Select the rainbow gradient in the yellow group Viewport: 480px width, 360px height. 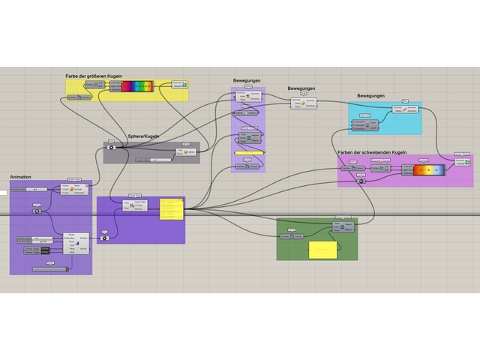[x=136, y=87]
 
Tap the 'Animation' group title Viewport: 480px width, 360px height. [x=21, y=177]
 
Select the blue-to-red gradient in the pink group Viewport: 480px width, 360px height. [x=429, y=170]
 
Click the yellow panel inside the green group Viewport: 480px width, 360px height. [x=322, y=249]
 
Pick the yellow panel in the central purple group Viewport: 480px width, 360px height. [x=171, y=209]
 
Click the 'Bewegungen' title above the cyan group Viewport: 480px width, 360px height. [x=370, y=96]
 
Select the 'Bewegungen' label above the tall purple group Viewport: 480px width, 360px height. [x=247, y=80]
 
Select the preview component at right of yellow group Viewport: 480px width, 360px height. [x=179, y=85]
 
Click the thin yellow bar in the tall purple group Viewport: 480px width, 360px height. [x=249, y=152]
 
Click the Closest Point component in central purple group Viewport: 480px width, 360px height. [x=136, y=205]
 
